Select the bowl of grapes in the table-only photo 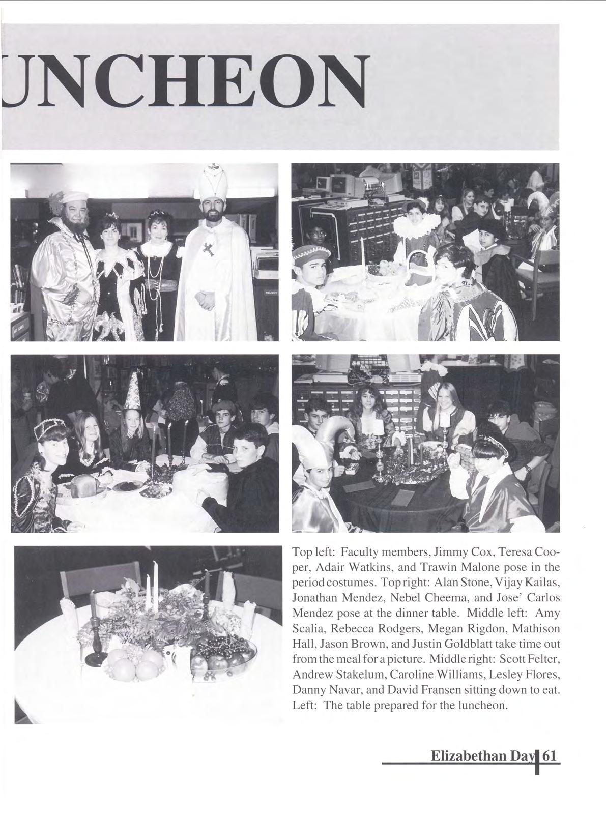(222, 654)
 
